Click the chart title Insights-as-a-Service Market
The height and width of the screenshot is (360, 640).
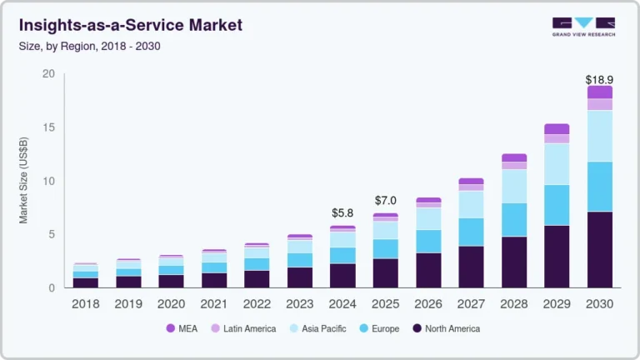pyautogui.click(x=130, y=25)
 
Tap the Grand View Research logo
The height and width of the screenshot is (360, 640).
pyautogui.click(x=582, y=27)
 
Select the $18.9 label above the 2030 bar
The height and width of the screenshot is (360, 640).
pyautogui.click(x=599, y=79)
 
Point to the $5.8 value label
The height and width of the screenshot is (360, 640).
pyautogui.click(x=342, y=213)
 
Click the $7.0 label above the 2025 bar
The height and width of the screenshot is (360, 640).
pyautogui.click(x=385, y=201)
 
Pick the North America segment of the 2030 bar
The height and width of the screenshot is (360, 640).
pyautogui.click(x=599, y=250)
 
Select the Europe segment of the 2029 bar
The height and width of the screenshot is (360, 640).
pyautogui.click(x=557, y=205)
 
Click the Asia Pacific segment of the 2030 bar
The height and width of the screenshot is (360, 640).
pyautogui.click(x=599, y=136)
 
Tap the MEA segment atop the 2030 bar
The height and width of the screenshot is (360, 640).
pyautogui.click(x=599, y=92)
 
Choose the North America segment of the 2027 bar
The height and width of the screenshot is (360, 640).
pyautogui.click(x=471, y=267)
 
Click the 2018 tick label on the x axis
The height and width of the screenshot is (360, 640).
pyautogui.click(x=85, y=304)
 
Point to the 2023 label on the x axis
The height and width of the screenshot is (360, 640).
pyautogui.click(x=299, y=304)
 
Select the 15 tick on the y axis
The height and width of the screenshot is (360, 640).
pyautogui.click(x=47, y=127)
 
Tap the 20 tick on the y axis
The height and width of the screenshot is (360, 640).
pyautogui.click(x=47, y=74)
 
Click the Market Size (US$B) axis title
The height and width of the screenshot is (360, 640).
pyautogui.click(x=24, y=181)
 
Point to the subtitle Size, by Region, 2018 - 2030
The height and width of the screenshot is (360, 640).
pyautogui.click(x=89, y=46)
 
